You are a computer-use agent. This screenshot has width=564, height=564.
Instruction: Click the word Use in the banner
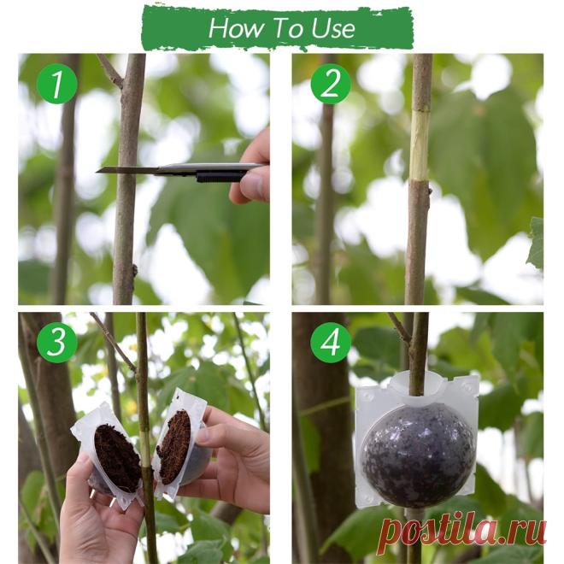coord(333,28)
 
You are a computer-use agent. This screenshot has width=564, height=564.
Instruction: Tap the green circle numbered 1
coord(57,84)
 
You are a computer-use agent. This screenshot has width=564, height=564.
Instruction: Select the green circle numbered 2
coord(331,84)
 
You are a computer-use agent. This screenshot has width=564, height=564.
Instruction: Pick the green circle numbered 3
coord(57,342)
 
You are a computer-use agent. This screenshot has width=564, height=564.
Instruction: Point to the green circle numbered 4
coord(331,342)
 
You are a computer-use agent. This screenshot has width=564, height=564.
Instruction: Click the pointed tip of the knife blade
coord(97,172)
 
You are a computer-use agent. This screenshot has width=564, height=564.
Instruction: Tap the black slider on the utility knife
coord(220,177)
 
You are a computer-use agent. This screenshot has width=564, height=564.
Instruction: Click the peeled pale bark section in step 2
coord(419,144)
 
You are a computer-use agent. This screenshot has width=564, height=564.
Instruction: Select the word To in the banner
coord(287,27)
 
